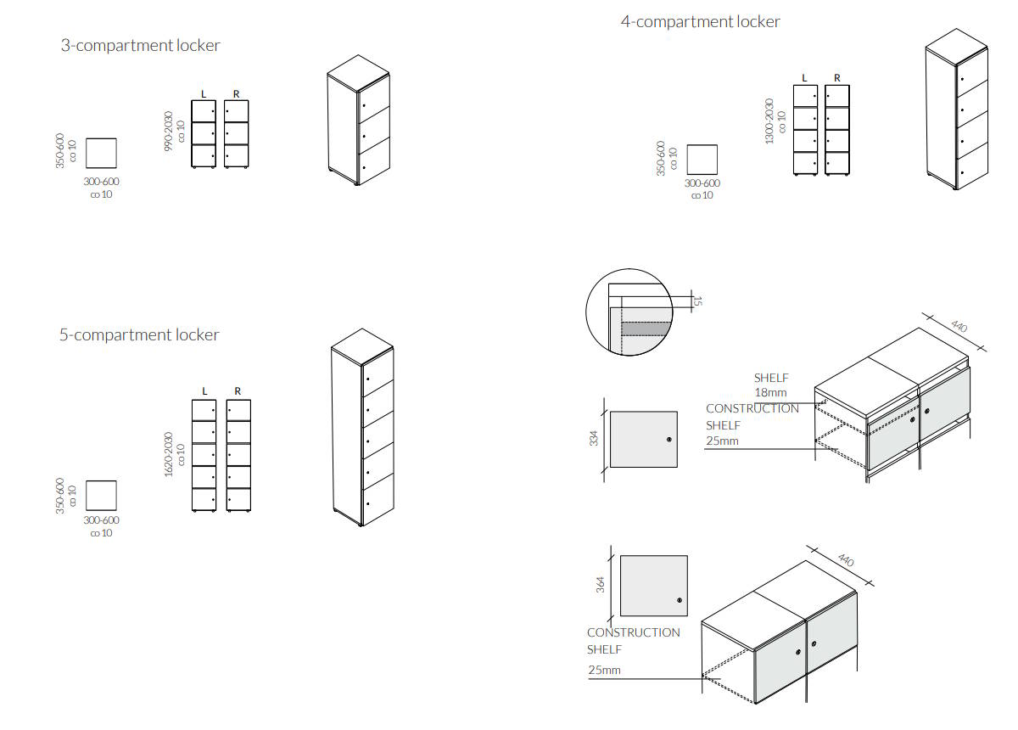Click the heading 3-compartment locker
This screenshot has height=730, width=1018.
point(141,46)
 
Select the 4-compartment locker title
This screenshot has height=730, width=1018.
point(701,22)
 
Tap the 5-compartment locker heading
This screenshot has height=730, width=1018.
point(139,335)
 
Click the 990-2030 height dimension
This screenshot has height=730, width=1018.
point(169,131)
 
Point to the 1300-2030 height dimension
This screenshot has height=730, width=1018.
point(769,121)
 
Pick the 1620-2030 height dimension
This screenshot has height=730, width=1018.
point(169,454)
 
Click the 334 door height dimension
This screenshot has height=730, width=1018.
point(594,439)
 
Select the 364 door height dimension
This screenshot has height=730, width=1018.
point(601,585)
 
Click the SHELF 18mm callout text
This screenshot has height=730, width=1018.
point(771,385)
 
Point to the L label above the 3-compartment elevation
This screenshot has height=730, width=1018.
point(204,94)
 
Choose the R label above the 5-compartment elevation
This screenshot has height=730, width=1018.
point(238,391)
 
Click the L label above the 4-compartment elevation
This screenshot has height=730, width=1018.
point(804,78)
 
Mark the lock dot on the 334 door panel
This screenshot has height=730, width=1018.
point(669,440)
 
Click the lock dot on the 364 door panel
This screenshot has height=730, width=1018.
point(680,600)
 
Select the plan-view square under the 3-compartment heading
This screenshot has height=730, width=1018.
point(101,154)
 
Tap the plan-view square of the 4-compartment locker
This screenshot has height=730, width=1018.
point(702,160)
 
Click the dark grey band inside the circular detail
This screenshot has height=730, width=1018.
point(646,329)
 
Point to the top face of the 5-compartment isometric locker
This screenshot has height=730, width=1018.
point(362,346)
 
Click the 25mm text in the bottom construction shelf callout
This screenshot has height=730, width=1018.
point(604,670)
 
